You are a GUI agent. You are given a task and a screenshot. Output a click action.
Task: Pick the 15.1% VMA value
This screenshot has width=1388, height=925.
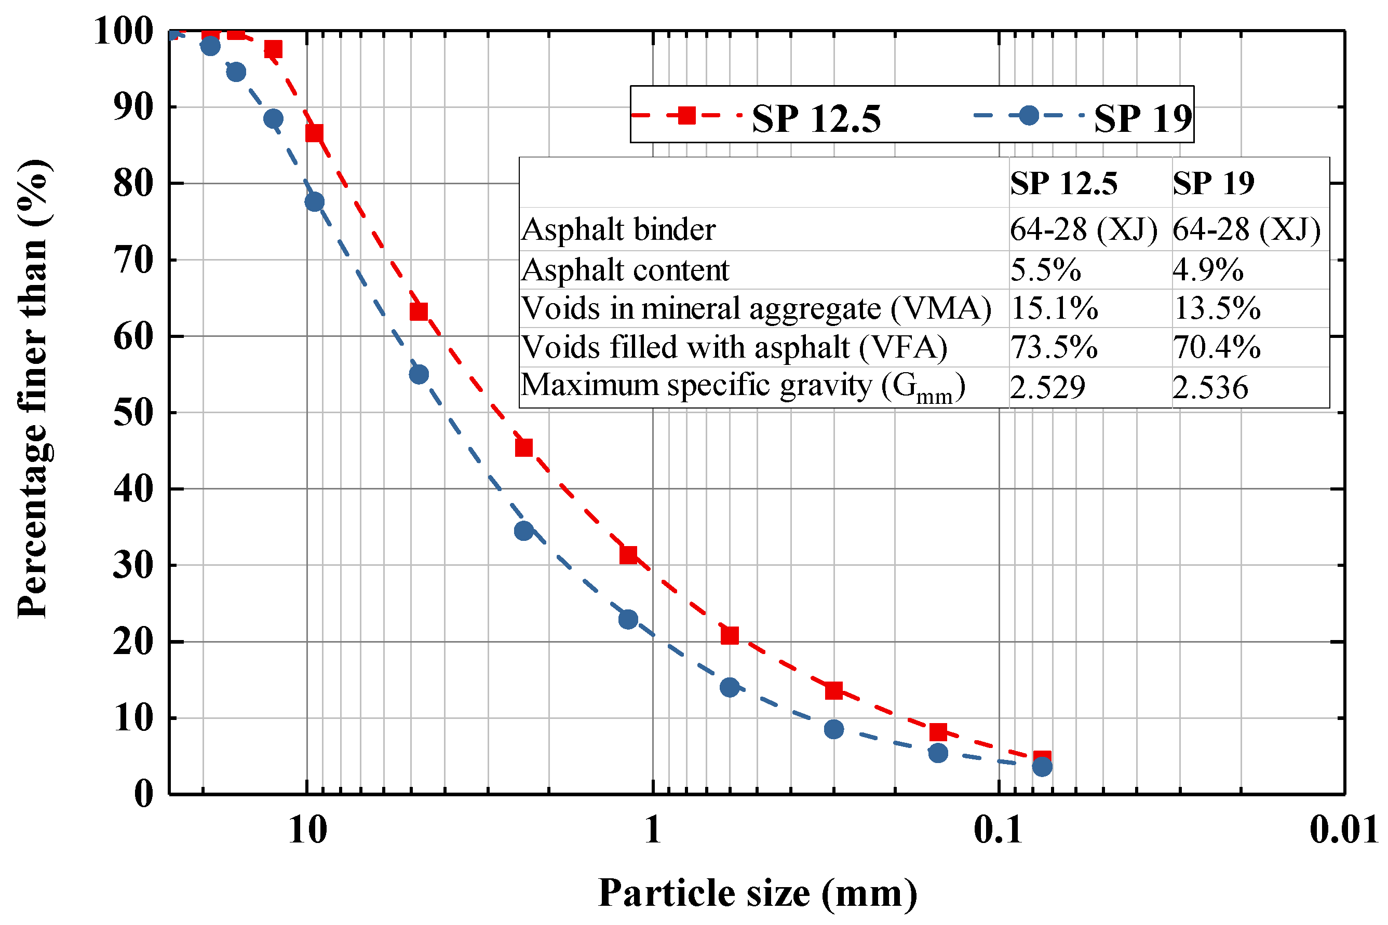pyautogui.click(x=1054, y=308)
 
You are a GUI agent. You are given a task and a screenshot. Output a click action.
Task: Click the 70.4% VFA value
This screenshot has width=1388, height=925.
pyautogui.click(x=1216, y=347)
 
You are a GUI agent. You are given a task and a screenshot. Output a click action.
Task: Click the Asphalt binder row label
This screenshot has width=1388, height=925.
pyautogui.click(x=618, y=229)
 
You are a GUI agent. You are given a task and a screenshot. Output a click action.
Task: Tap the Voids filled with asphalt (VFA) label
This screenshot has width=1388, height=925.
pyautogui.click(x=734, y=347)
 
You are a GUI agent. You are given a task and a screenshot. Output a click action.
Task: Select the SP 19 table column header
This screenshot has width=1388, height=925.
pyautogui.click(x=1212, y=183)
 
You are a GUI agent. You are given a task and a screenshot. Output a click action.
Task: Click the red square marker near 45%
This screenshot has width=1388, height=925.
pyautogui.click(x=524, y=448)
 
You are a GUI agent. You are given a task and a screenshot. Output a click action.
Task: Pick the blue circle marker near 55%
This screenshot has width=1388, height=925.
pyautogui.click(x=419, y=374)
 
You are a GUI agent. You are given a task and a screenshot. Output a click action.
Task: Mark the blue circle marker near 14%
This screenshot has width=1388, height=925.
pyautogui.click(x=730, y=687)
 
